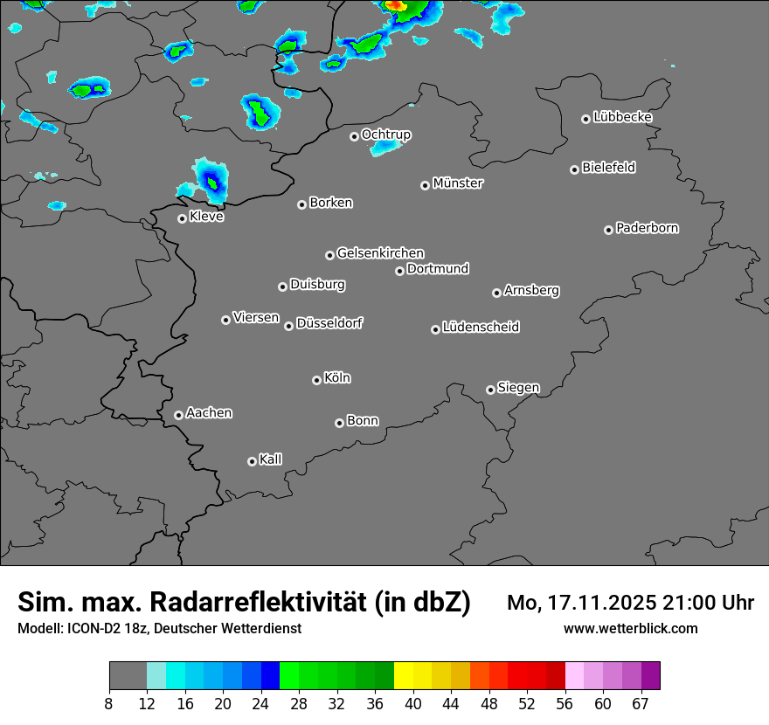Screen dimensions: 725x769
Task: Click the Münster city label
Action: [458, 183]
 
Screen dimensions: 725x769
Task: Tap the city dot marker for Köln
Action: [316, 380]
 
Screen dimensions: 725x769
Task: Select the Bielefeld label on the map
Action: [608, 168]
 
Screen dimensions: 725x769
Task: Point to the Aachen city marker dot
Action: [178, 415]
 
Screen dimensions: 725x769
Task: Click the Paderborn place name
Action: [647, 228]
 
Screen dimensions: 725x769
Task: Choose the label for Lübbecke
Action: [622, 117]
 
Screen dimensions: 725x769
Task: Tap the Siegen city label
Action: [518, 388]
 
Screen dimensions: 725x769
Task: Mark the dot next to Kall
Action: [252, 461]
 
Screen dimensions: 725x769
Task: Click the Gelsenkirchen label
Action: [380, 253]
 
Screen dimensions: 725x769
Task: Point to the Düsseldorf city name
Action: [329, 323]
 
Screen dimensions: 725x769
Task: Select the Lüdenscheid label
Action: [481, 328]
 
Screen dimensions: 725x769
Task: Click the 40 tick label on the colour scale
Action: [413, 703]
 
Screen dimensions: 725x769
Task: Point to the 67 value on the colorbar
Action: [641, 703]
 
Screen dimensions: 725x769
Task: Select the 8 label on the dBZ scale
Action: [109, 703]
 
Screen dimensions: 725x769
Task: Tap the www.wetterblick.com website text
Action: [630, 629]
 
